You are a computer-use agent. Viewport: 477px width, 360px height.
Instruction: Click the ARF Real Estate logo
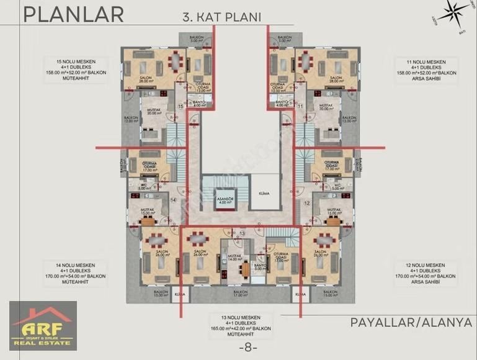point(43,325)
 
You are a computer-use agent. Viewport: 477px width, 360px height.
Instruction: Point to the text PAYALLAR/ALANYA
point(411,323)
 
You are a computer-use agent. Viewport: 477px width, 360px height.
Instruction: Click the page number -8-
point(238,347)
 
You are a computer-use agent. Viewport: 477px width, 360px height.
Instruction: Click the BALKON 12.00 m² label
point(130,119)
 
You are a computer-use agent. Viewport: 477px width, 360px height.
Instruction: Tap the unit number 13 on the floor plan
point(243,232)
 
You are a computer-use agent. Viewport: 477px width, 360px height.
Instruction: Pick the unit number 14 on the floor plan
point(174,200)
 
